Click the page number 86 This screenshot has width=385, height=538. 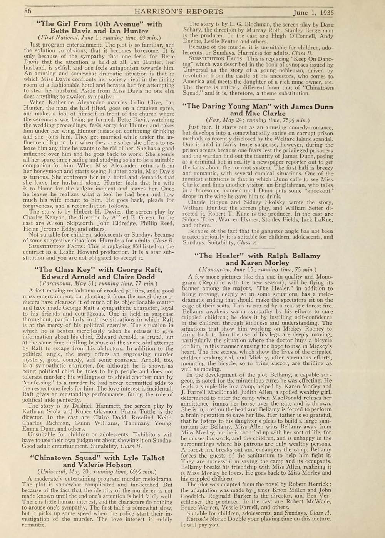click(x=27, y=12)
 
